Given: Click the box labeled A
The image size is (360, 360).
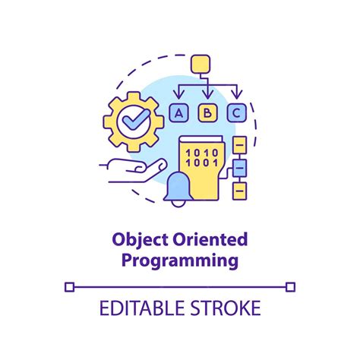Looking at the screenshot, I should (x=179, y=113).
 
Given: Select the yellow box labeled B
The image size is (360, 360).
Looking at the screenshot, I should (x=208, y=113).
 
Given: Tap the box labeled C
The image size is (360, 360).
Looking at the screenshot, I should (x=237, y=113).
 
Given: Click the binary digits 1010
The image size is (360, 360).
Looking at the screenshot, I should (x=202, y=152).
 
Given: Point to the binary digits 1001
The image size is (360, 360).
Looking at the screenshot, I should (x=202, y=163).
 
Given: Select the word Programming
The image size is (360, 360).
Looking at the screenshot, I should (x=180, y=261).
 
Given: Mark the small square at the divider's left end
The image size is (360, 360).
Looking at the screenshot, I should (x=70, y=286).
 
